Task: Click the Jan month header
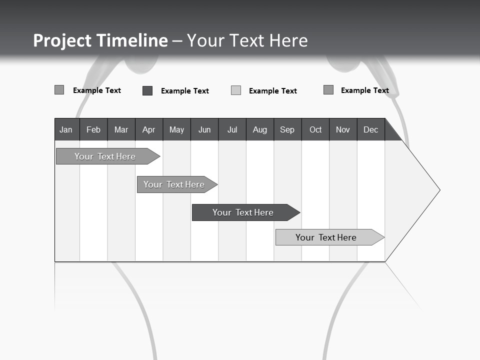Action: [x=66, y=129]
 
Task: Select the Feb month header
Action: [x=93, y=129]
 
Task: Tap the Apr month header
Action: [x=149, y=129]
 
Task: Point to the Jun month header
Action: [x=204, y=129]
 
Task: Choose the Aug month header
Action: [x=260, y=129]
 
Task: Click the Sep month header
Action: [x=287, y=129]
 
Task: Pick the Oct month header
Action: [x=315, y=129]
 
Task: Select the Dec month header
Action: [x=371, y=129]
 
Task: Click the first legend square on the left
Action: [x=59, y=90]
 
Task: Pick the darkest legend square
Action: [x=147, y=90]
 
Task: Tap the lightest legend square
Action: [x=236, y=90]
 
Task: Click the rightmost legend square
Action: [x=328, y=90]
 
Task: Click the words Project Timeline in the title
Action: [x=100, y=40]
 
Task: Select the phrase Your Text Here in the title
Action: [x=247, y=40]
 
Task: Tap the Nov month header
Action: [x=343, y=129]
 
